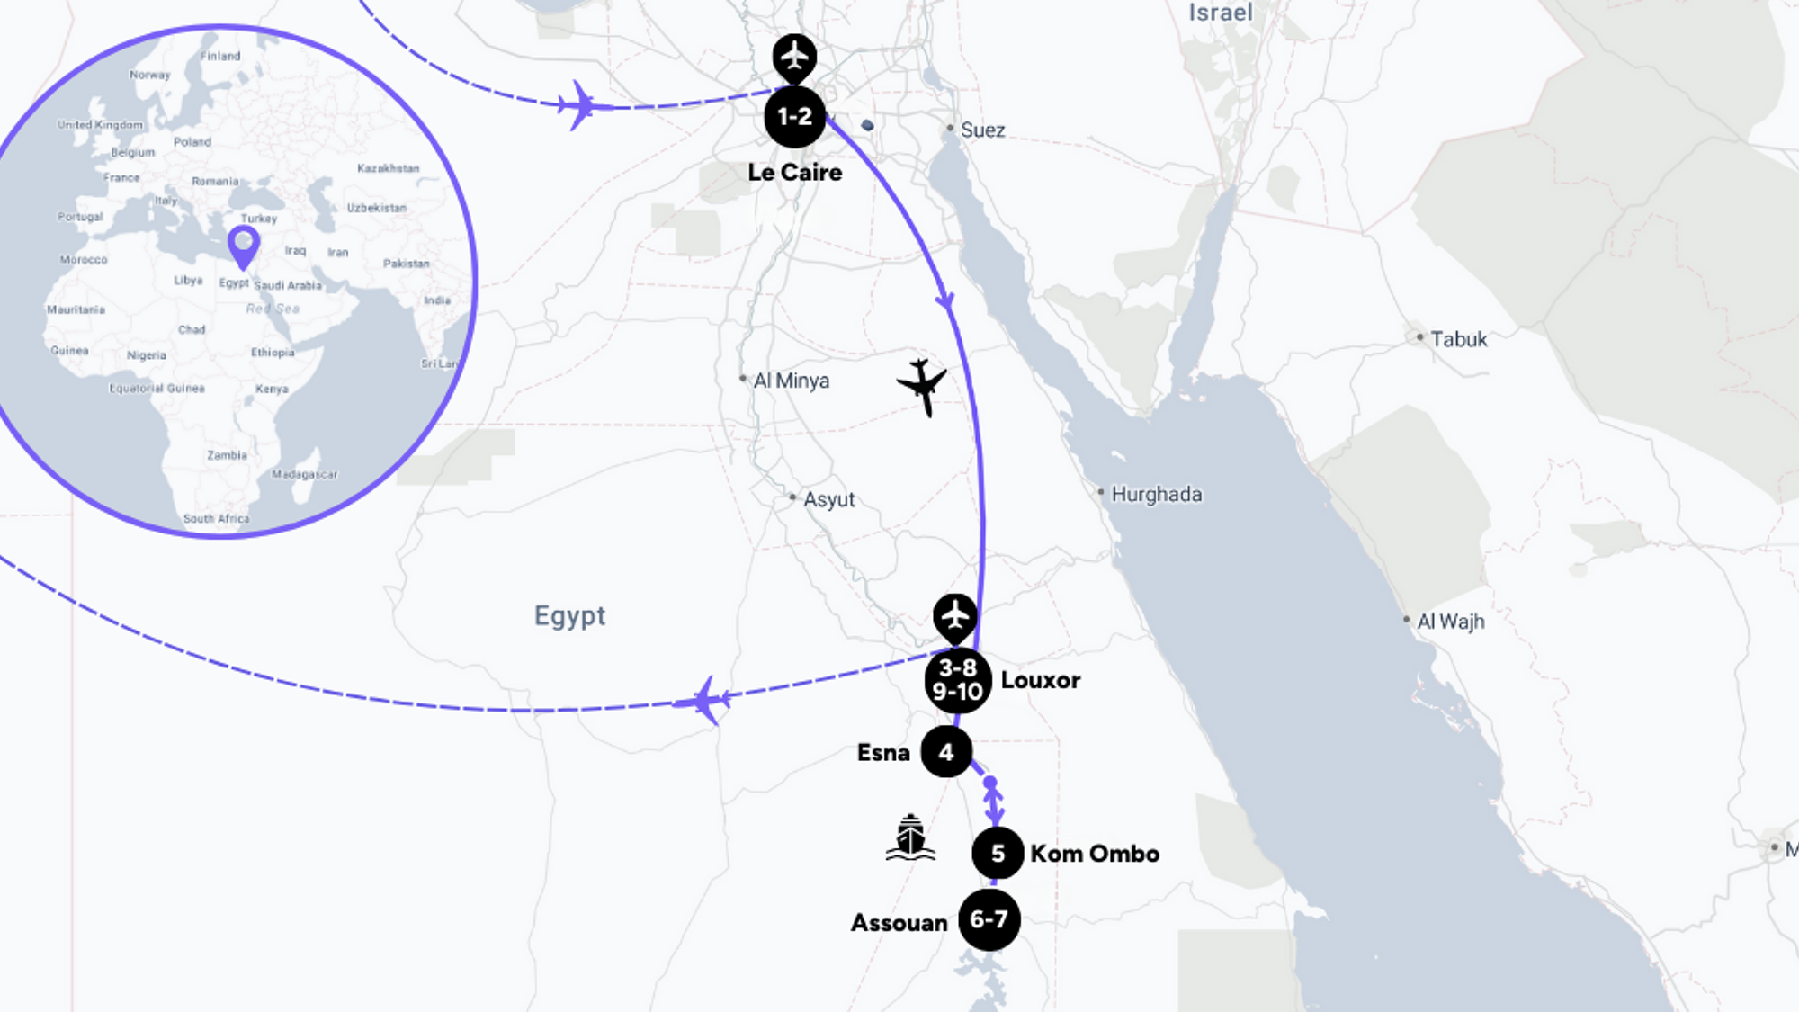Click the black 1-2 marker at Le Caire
coord(794,117)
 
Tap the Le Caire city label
coord(794,172)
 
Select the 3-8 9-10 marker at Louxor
coord(957,680)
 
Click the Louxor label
coord(1040,680)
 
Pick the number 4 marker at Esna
coord(946,752)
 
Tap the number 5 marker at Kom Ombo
coord(998,853)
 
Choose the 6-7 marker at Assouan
coord(989,919)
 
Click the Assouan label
coord(899,923)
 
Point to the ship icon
coord(910,838)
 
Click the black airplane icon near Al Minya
coord(922,386)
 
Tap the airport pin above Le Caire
coord(794,57)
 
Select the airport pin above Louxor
coord(954,616)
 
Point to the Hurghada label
coord(1156,494)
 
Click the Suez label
coord(982,130)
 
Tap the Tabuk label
coord(1458,339)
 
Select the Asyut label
coord(828,499)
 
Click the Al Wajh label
coord(1450,622)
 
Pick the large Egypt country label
coord(569,616)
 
